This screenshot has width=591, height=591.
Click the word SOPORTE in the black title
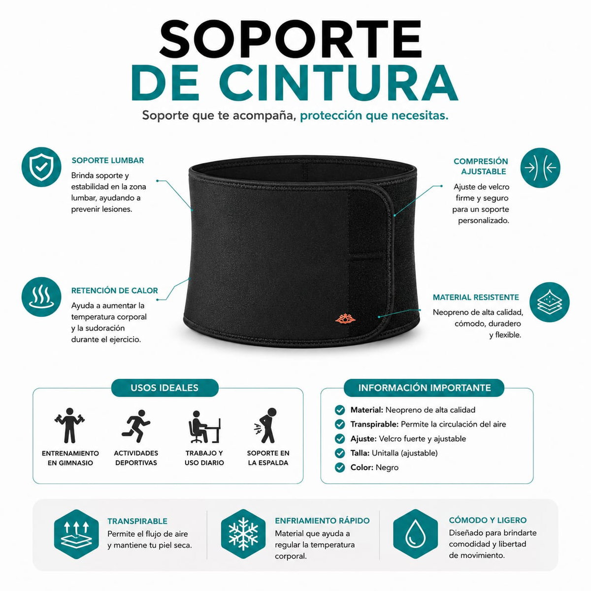(x=291, y=39)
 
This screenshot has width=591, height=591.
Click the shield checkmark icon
(x=41, y=167)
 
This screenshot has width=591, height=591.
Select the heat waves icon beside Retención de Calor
(x=41, y=296)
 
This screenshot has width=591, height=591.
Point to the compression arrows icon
(x=540, y=168)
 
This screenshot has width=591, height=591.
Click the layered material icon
(x=549, y=302)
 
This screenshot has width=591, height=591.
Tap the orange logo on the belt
(x=345, y=319)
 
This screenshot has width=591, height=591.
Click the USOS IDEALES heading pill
(x=164, y=388)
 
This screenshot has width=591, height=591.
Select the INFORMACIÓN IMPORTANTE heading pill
(x=424, y=388)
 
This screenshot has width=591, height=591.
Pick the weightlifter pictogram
(x=69, y=426)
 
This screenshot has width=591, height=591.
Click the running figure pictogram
(x=136, y=426)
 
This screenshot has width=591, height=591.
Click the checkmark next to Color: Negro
(x=339, y=467)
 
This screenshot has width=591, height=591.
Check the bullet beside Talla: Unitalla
(x=339, y=453)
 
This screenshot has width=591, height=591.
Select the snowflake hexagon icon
(x=243, y=534)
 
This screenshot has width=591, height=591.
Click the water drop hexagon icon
(x=415, y=534)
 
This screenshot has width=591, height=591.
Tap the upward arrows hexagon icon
(x=76, y=534)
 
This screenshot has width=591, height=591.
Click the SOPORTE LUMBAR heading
(x=108, y=161)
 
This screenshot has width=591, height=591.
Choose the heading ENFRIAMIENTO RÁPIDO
(x=322, y=521)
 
